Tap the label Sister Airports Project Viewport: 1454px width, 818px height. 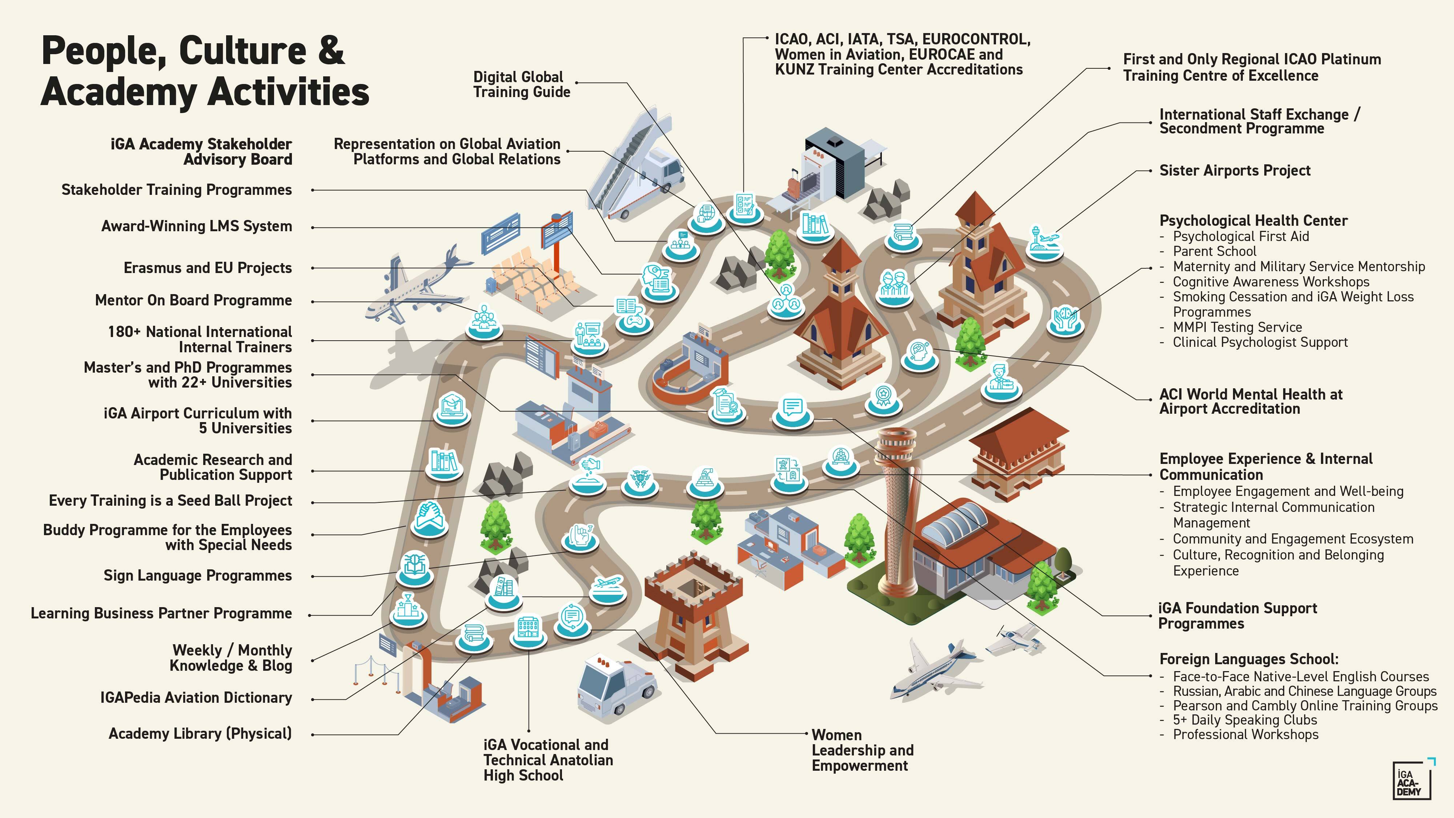pyautogui.click(x=1234, y=171)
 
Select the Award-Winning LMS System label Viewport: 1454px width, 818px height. pyautogui.click(x=196, y=226)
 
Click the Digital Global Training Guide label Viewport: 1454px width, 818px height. pyautogui.click(x=522, y=85)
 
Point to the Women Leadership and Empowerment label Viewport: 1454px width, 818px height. pyautogui.click(x=862, y=750)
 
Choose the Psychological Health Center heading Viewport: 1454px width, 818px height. pyautogui.click(x=1253, y=221)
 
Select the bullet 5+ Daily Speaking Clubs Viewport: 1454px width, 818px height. pyautogui.click(x=1245, y=720)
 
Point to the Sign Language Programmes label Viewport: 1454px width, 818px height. pyautogui.click(x=197, y=576)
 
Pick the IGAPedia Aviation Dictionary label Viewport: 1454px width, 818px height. pyautogui.click(x=196, y=698)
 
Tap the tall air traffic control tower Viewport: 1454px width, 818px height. pyautogui.click(x=897, y=508)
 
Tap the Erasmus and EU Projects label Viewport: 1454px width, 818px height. pyautogui.click(x=207, y=268)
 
